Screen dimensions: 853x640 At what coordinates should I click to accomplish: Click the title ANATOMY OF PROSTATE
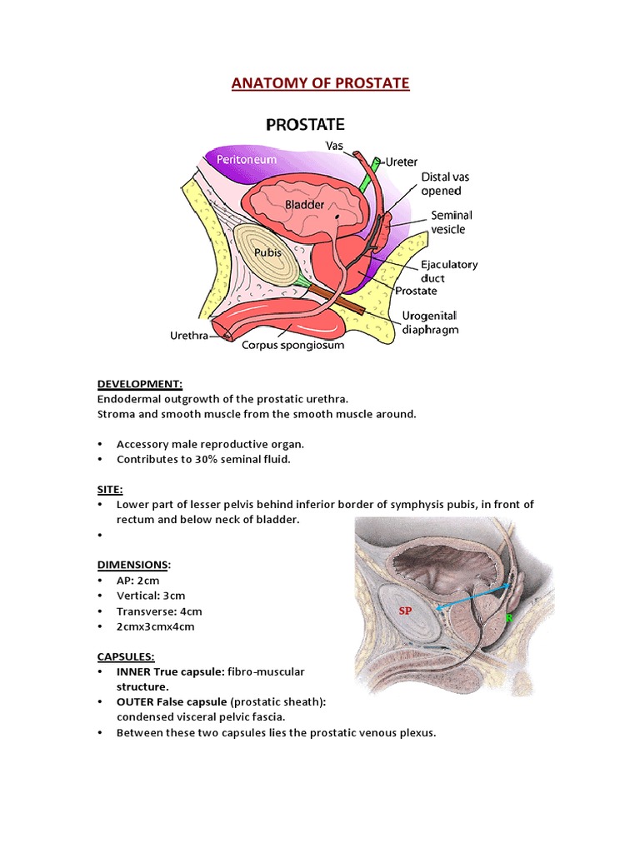320,83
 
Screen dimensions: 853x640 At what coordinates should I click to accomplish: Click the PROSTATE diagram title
305,126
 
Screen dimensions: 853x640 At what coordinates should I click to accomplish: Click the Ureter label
402,162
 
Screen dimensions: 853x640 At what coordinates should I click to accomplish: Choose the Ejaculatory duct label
449,271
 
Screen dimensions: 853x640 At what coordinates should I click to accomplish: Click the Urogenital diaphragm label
430,322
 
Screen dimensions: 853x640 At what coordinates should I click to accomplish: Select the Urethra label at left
188,336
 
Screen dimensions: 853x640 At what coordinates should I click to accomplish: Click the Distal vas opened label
446,184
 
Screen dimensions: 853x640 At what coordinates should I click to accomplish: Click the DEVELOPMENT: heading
140,384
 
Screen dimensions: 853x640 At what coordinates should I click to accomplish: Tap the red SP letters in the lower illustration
405,611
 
